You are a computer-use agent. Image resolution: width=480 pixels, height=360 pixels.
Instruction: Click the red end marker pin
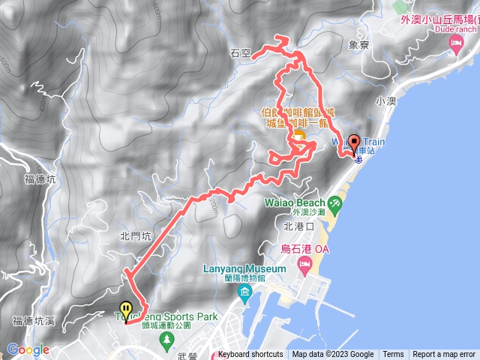(353, 144)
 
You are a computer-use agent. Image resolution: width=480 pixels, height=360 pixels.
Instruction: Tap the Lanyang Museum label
(234, 269)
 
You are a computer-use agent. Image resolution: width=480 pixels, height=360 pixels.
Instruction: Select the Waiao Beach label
(295, 202)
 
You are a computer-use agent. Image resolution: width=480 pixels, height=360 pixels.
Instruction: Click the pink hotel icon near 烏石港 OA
(305, 265)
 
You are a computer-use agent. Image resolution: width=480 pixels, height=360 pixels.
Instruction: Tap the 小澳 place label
(385, 100)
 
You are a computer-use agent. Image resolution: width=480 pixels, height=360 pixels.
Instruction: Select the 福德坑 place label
(40, 179)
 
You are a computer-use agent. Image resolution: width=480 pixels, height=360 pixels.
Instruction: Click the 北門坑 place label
(136, 235)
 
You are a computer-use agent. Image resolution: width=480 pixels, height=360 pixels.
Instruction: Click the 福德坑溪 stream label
(33, 321)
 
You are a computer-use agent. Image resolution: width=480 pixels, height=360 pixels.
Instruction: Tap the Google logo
(28, 349)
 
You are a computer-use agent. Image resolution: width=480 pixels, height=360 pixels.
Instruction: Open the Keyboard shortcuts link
(250, 355)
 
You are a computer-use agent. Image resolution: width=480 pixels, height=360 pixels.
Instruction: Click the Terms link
(393, 355)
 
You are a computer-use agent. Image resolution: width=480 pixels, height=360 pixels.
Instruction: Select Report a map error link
(444, 355)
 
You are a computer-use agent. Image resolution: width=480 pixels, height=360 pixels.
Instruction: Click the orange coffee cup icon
(298, 136)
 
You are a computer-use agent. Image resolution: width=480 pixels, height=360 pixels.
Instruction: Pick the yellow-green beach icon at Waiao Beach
(335, 201)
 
